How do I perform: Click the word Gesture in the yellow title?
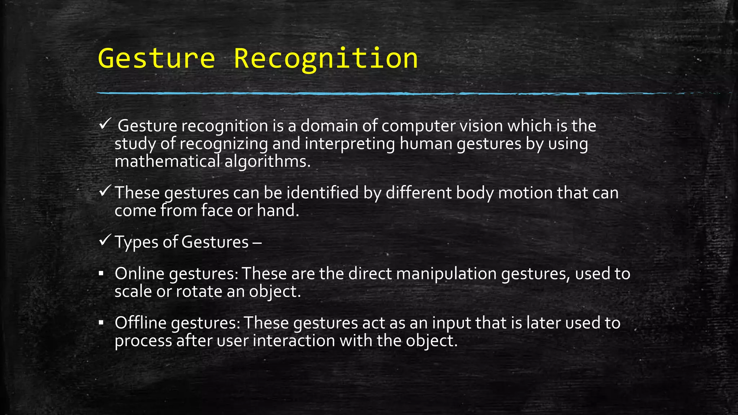pos(156,58)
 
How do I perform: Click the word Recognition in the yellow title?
pos(326,58)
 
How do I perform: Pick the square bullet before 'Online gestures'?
pos(101,274)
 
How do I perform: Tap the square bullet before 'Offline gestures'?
pos(101,322)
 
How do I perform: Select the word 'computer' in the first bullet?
pos(414,126)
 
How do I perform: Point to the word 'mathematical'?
pos(167,161)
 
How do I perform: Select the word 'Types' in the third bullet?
pos(137,242)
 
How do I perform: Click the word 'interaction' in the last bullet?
pos(294,340)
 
